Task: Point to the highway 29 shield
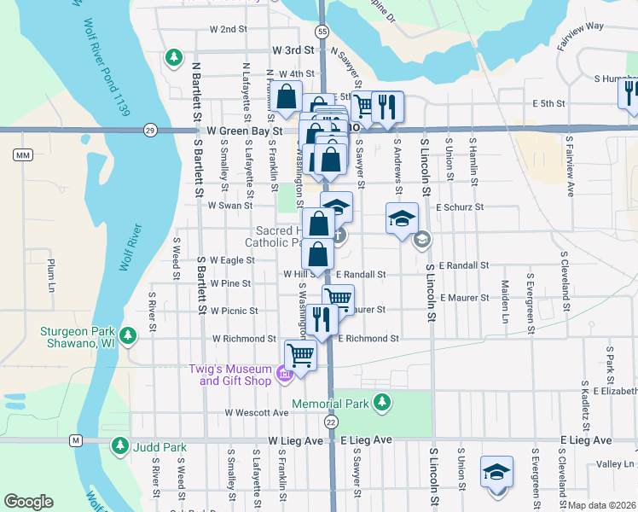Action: click(x=150, y=130)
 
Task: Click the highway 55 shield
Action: click(x=321, y=32)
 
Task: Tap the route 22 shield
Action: click(x=331, y=422)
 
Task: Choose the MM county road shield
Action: click(x=22, y=154)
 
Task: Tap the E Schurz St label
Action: click(x=460, y=207)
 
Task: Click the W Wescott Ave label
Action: click(x=257, y=412)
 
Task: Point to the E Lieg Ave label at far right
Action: click(x=586, y=439)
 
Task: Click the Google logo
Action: click(x=28, y=502)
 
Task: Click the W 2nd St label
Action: click(x=228, y=29)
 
